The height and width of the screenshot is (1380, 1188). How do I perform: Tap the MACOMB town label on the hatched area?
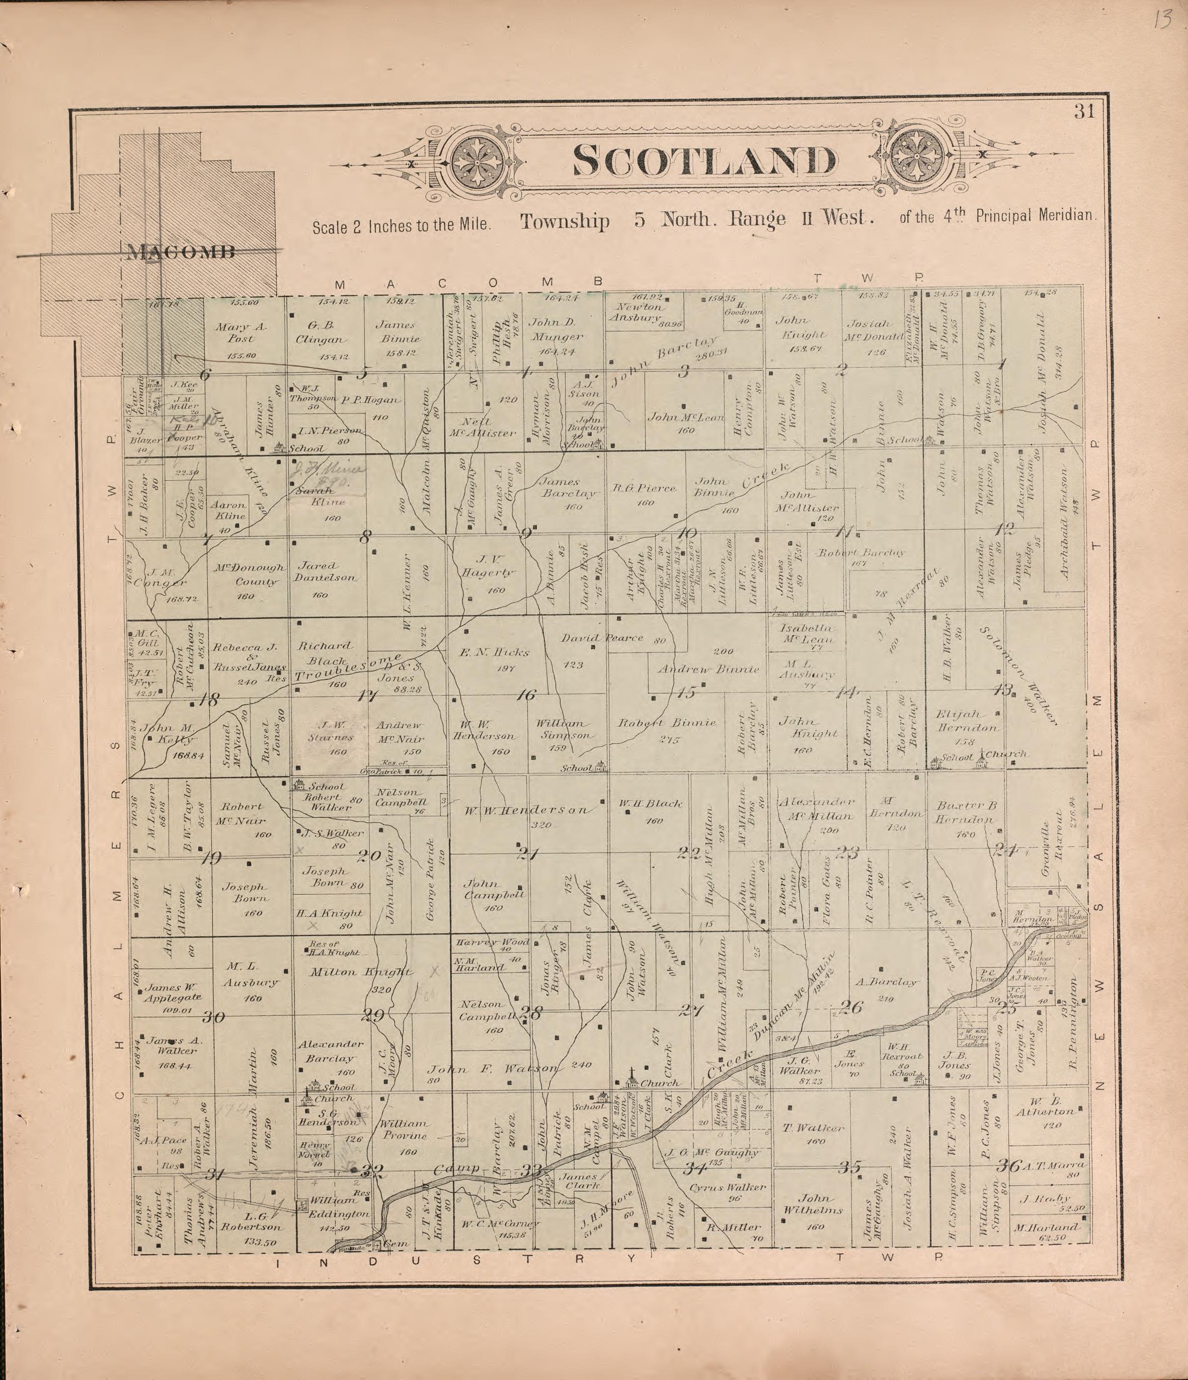(181, 252)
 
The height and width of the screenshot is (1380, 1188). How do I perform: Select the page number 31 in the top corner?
(1084, 111)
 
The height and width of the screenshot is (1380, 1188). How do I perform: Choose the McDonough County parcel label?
(249, 575)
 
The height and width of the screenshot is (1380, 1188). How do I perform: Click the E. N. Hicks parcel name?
(494, 653)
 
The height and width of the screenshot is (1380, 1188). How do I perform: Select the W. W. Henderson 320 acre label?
(526, 811)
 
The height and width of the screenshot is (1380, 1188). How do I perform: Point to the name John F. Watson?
(493, 1069)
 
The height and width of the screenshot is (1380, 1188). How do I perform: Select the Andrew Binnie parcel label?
(708, 669)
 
